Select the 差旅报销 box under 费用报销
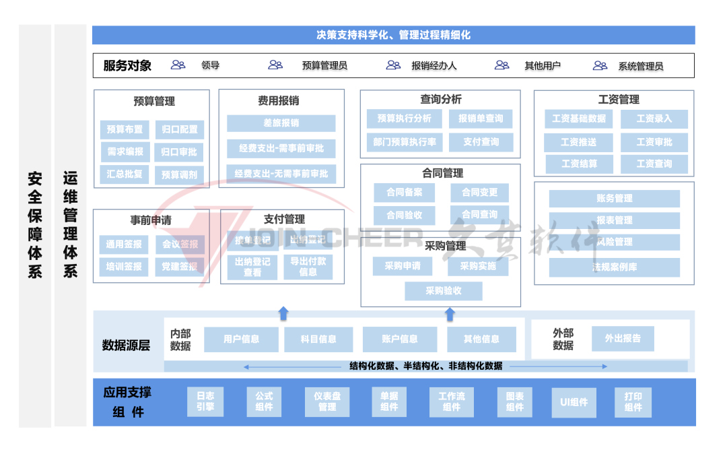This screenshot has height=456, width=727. [281, 123]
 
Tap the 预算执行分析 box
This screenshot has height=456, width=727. [404, 119]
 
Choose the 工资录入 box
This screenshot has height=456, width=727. [654, 119]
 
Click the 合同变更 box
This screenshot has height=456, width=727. [479, 193]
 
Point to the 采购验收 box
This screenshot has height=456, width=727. [444, 291]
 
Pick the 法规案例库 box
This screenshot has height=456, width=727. [614, 267]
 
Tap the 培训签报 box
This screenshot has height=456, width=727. [124, 267]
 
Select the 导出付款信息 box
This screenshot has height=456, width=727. [308, 267]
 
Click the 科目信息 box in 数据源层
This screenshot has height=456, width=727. [318, 339]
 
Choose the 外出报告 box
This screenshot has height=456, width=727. [623, 339]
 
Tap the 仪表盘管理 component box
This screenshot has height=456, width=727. [327, 402]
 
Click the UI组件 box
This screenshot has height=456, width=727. [574, 402]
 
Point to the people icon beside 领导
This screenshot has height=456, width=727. [178, 65]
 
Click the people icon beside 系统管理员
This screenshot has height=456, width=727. [600, 65]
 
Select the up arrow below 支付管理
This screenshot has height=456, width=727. [283, 313]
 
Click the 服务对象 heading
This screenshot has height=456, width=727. [127, 66]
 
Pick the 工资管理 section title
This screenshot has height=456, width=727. [619, 100]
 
